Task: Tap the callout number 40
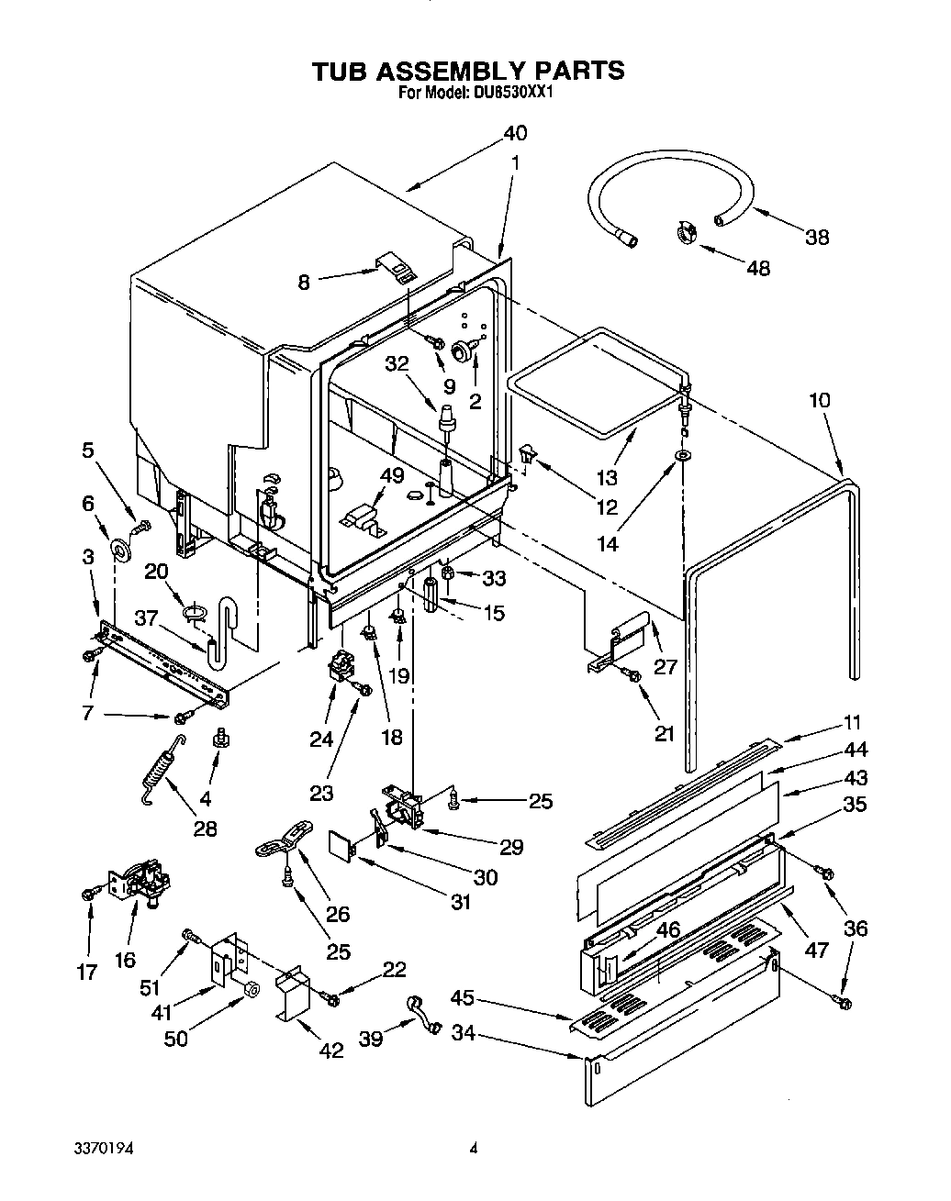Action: (x=515, y=133)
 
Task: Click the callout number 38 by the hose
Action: (x=816, y=237)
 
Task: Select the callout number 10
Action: (x=820, y=400)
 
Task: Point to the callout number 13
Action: (x=607, y=477)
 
